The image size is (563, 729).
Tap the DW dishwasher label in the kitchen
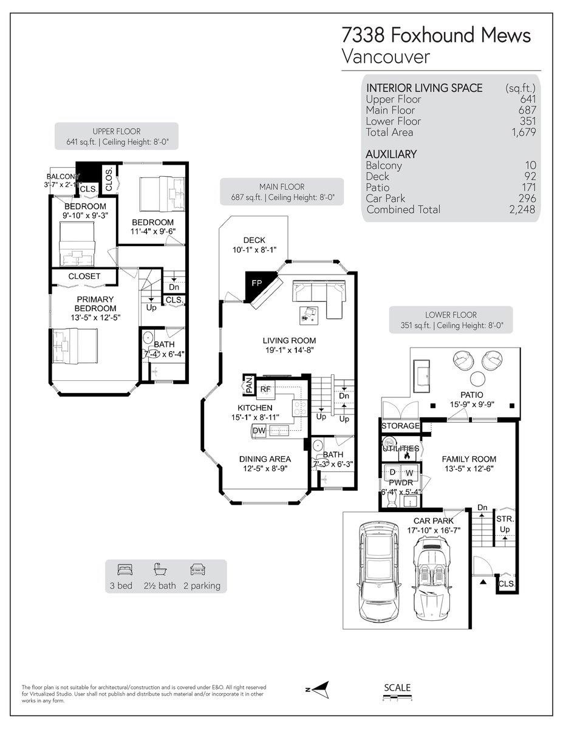[x=258, y=431]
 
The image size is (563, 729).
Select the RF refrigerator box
[x=265, y=389]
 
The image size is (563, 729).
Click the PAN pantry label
[x=248, y=384]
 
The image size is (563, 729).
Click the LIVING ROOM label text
[x=289, y=340]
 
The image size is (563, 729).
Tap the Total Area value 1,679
[x=524, y=132]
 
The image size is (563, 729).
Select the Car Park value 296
[x=527, y=199]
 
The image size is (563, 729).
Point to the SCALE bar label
[x=398, y=688]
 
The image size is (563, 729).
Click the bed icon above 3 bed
[x=125, y=570]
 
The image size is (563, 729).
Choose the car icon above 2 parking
[x=197, y=570]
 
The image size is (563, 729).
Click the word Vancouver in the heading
[x=386, y=57]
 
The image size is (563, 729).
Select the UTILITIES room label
[x=400, y=448]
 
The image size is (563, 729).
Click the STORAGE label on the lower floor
[x=400, y=426]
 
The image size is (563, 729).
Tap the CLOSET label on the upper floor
[x=84, y=276]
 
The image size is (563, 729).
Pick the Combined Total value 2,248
[x=524, y=210]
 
